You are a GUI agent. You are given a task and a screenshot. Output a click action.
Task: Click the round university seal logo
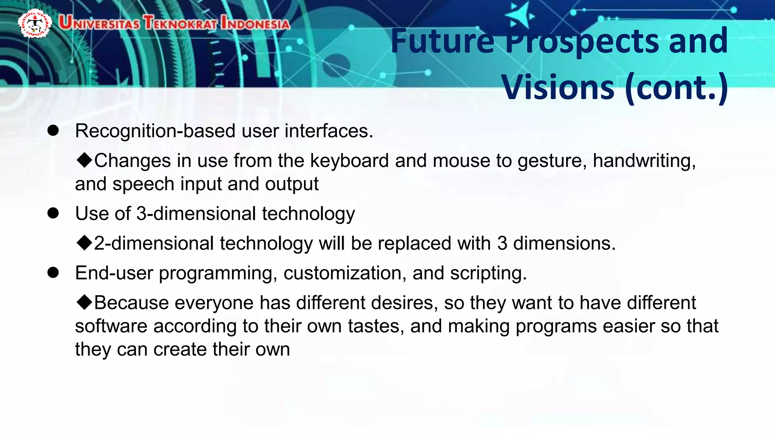click(x=35, y=23)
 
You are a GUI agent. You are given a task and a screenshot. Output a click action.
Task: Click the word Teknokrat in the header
click(x=180, y=23)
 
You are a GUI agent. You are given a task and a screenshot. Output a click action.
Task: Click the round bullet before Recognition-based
click(x=53, y=131)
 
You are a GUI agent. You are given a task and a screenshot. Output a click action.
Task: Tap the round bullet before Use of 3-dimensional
click(x=53, y=213)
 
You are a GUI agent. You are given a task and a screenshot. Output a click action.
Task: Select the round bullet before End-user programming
click(x=53, y=272)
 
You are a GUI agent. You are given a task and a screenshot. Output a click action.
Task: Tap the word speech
click(x=143, y=184)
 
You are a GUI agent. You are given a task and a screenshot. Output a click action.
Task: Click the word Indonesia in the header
click(x=255, y=23)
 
